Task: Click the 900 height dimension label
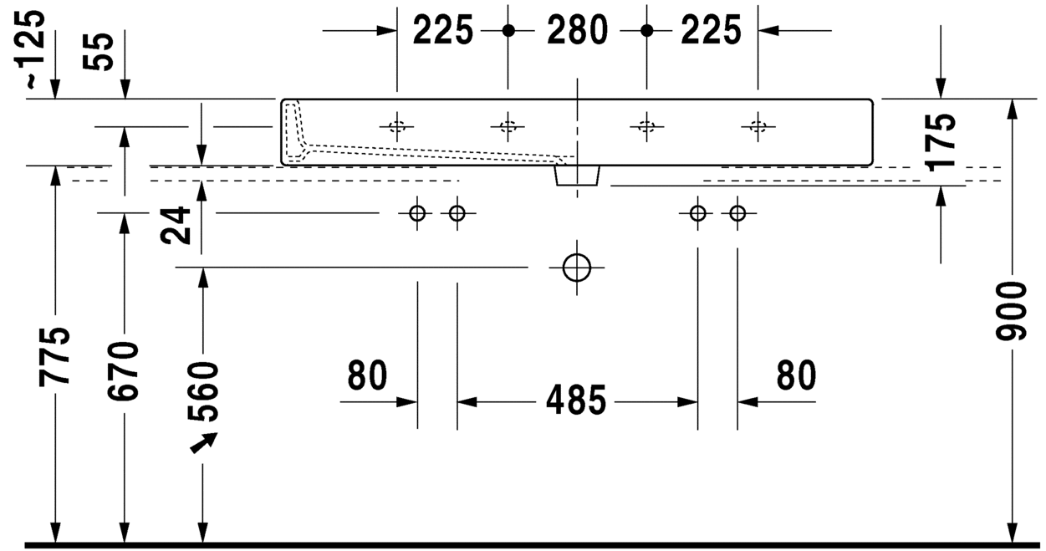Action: pyautogui.click(x=1012, y=311)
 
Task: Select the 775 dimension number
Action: pyautogui.click(x=54, y=357)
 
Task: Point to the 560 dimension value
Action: pyautogui.click(x=202, y=391)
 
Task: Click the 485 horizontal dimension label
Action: pyautogui.click(x=576, y=400)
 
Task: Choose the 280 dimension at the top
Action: pyautogui.click(x=577, y=30)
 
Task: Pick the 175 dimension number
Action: pyautogui.click(x=941, y=142)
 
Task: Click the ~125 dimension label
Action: pyautogui.click(x=35, y=49)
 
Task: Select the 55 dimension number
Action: pyautogui.click(x=99, y=52)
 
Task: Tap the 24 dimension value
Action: pyautogui.click(x=176, y=226)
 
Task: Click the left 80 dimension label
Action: pyautogui.click(x=368, y=375)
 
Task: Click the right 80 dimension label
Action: pyautogui.click(x=797, y=375)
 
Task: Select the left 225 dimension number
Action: pyautogui.click(x=443, y=30)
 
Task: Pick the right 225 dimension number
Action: pyautogui.click(x=712, y=30)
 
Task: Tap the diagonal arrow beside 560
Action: pyautogui.click(x=203, y=442)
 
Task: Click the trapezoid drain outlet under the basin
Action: pyautogui.click(x=577, y=176)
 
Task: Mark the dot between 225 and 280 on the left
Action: pyautogui.click(x=508, y=31)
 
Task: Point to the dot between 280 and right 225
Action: pyautogui.click(x=646, y=31)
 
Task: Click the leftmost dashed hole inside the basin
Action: pyautogui.click(x=397, y=126)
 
